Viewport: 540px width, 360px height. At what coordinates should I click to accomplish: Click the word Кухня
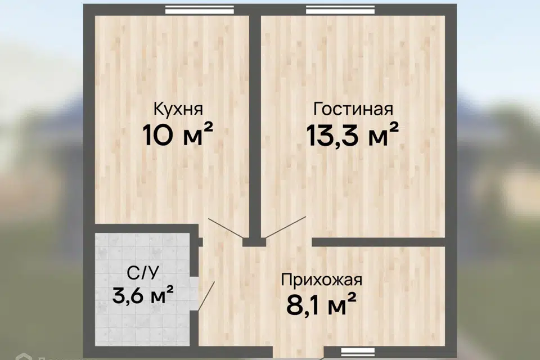coord(178,109)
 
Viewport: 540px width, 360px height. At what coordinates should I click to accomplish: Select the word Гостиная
coord(353,109)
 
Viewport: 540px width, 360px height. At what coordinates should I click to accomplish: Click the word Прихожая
coord(321,280)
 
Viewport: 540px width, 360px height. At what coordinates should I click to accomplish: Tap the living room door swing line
coord(286,227)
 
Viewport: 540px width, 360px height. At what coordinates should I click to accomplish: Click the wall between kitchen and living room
coord(255,124)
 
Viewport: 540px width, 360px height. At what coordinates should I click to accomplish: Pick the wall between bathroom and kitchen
coord(143,228)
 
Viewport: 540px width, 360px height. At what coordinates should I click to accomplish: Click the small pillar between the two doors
coord(254,242)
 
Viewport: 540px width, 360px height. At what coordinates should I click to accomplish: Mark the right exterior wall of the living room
coord(451,124)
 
